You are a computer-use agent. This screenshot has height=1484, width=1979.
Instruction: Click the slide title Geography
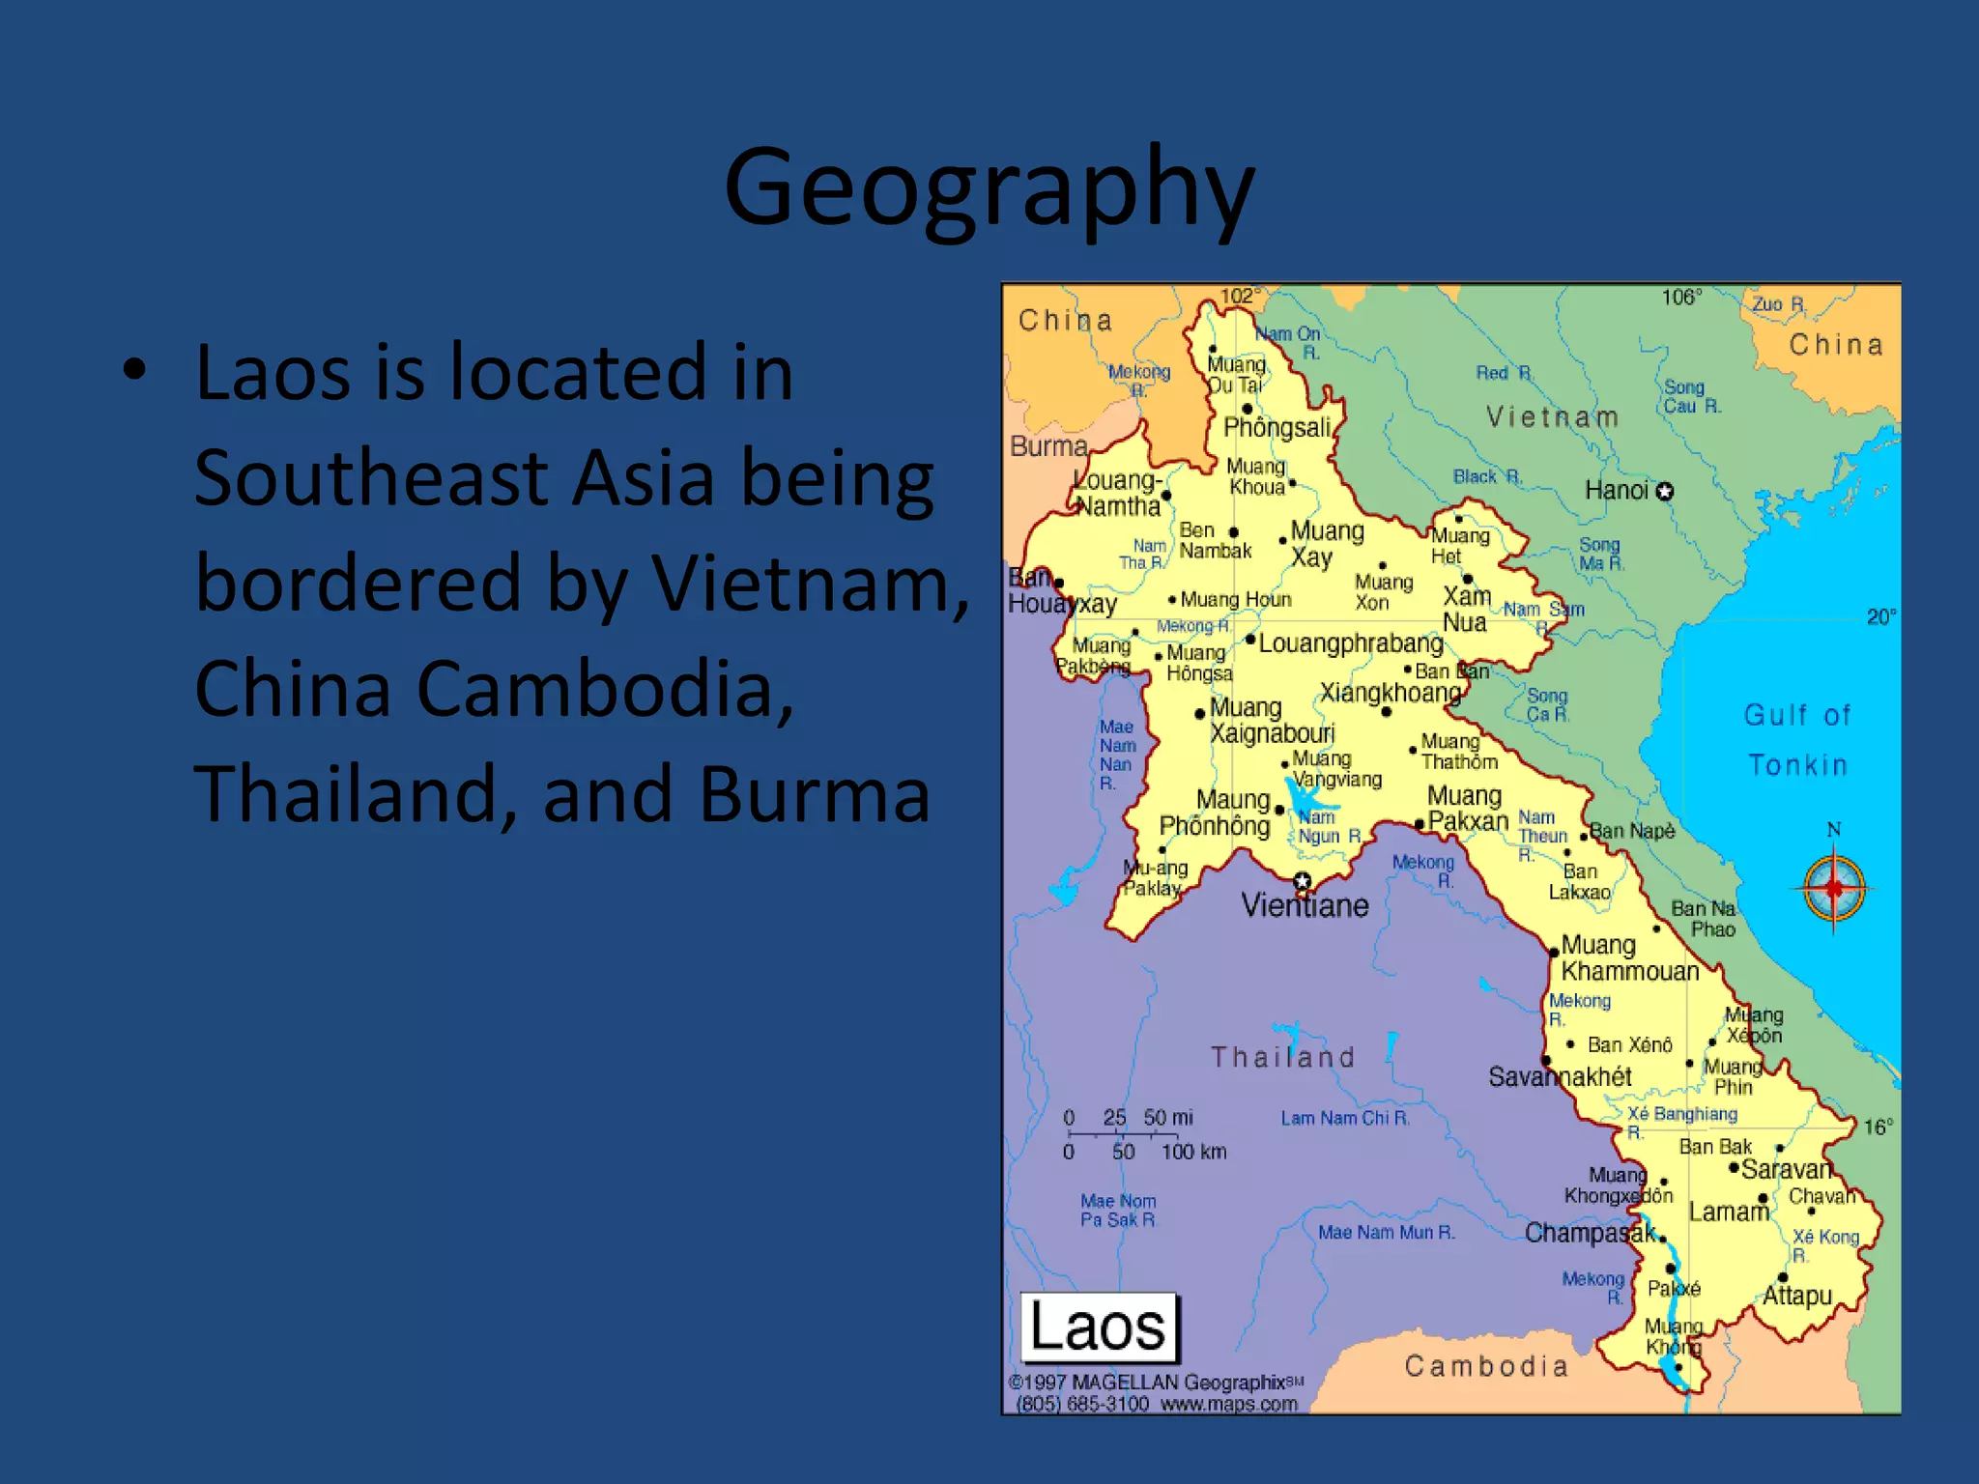click(x=989, y=188)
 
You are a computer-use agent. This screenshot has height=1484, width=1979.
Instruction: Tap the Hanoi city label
click(x=1617, y=491)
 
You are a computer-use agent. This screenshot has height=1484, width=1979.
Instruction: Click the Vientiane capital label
click(x=1305, y=906)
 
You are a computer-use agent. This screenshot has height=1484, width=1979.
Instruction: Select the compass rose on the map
click(x=1833, y=888)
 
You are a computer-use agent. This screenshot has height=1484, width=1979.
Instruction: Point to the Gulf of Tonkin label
click(x=1797, y=740)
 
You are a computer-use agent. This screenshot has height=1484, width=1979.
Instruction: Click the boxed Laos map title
click(x=1100, y=1327)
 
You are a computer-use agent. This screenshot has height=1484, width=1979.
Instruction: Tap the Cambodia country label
click(x=1485, y=1366)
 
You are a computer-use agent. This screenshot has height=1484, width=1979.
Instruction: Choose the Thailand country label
click(x=1283, y=1057)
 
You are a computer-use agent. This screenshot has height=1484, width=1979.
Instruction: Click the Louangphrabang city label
click(x=1350, y=643)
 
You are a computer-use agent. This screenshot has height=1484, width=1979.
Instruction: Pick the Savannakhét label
click(x=1560, y=1076)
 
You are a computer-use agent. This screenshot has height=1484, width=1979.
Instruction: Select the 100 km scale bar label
click(x=1193, y=1152)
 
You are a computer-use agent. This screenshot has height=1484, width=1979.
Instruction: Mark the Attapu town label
click(x=1797, y=1296)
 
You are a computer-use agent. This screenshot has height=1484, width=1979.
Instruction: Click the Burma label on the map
click(x=1048, y=446)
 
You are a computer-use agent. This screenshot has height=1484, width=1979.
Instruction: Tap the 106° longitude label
click(x=1681, y=298)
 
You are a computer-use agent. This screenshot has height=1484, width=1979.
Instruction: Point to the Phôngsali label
click(x=1277, y=427)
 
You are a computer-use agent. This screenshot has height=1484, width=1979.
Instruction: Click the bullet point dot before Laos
click(x=134, y=370)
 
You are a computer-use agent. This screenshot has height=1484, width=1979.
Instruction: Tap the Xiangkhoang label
click(x=1391, y=693)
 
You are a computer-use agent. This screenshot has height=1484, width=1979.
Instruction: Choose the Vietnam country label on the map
click(x=1552, y=417)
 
